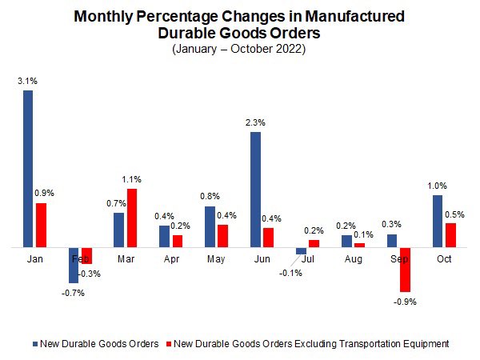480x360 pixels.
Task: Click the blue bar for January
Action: (x=28, y=168)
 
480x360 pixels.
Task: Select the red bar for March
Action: (x=132, y=218)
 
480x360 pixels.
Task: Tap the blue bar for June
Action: (x=255, y=190)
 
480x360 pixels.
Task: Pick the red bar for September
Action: (x=406, y=270)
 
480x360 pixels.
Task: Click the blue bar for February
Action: (x=74, y=265)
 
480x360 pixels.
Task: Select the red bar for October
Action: (x=451, y=235)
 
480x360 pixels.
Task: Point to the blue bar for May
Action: (x=210, y=227)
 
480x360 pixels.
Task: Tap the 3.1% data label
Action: (x=26, y=80)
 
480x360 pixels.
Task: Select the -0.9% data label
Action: (x=406, y=302)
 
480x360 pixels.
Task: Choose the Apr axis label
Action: (x=171, y=259)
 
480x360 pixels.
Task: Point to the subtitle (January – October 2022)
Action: (x=238, y=49)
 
